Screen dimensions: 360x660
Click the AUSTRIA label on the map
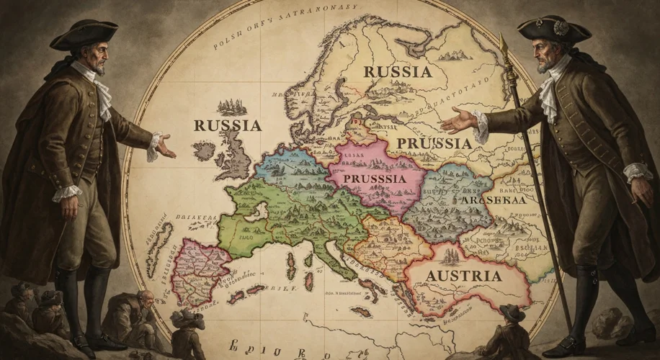click(463, 276)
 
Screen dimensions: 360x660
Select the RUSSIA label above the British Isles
click(227, 125)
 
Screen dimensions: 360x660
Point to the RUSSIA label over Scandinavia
click(398, 72)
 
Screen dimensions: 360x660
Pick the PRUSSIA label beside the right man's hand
click(434, 143)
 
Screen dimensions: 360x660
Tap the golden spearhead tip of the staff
click(504, 45)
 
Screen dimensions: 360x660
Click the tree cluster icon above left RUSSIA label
click(232, 106)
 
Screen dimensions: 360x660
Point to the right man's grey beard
click(545, 63)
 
